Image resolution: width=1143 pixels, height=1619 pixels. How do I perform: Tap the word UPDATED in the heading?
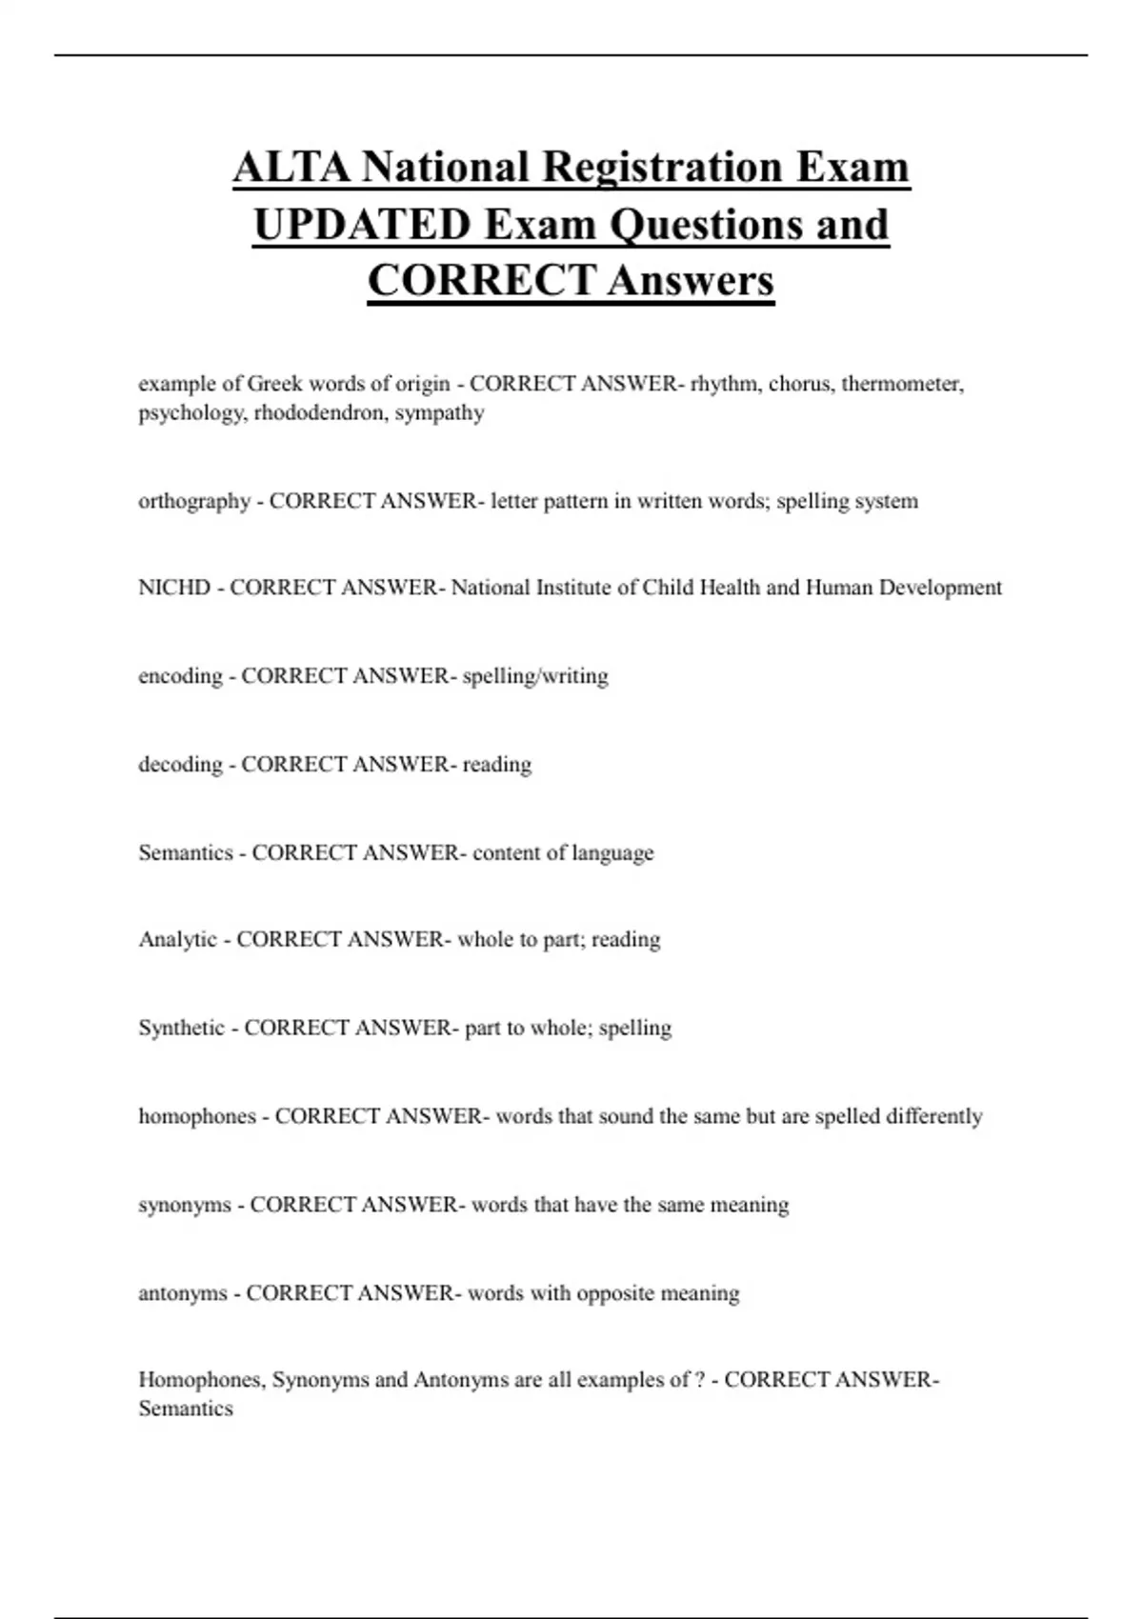(361, 225)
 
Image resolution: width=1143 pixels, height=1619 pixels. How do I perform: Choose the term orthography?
(194, 501)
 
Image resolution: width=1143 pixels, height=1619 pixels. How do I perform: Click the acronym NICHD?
(174, 588)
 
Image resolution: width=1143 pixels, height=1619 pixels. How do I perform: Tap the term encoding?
(180, 676)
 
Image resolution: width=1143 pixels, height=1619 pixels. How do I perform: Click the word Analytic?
(178, 940)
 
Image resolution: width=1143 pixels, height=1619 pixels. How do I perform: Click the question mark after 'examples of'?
(701, 1380)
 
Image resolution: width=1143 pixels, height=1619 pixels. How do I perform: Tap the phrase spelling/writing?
(535, 676)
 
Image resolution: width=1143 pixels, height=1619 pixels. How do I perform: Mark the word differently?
(933, 1116)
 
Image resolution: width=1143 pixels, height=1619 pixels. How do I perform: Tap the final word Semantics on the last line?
(186, 1409)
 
